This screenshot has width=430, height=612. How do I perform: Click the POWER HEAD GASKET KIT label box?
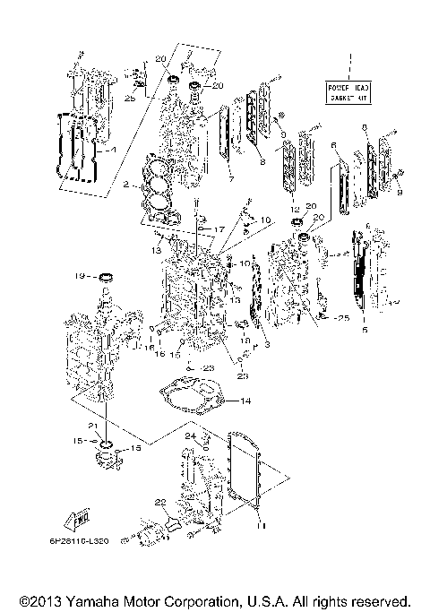350,91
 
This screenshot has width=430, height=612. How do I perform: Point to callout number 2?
127,185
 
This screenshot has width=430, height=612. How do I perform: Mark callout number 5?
364,329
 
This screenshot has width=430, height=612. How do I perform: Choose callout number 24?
189,436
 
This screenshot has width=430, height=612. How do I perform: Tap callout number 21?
91,425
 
